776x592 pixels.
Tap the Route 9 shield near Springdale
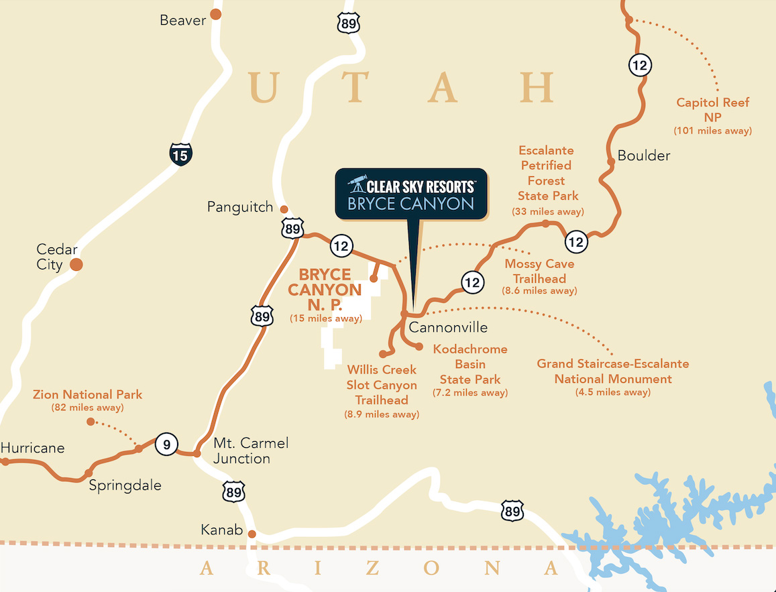coord(167,444)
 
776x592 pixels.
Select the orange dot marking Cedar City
coord(76,265)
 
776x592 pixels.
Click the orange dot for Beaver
coord(215,13)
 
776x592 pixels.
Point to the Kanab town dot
coord(252,534)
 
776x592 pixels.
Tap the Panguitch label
coord(240,207)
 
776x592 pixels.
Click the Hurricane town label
coord(32,448)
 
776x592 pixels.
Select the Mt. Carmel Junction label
coord(251,451)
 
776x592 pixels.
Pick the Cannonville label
coord(448,328)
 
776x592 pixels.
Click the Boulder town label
coord(644,156)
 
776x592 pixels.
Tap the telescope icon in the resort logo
coord(357,183)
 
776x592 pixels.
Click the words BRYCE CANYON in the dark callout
coord(410,204)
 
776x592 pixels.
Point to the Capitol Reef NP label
coord(712,110)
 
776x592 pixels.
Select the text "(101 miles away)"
coord(712,131)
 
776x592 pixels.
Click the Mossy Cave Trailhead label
coord(539,272)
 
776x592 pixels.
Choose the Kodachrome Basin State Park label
coord(470,365)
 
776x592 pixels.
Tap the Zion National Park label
coord(87,395)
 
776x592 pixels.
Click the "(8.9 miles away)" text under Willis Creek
coord(382,414)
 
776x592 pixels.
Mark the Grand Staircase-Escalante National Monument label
coord(612,371)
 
